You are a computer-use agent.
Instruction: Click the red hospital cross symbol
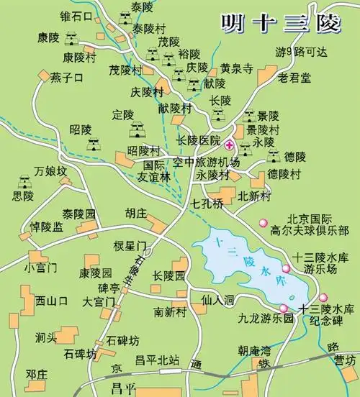coord(230,143)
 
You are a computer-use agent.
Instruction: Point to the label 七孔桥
coord(208,204)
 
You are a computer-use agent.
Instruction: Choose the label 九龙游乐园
coord(267,317)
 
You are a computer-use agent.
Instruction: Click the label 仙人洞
coord(218,298)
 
